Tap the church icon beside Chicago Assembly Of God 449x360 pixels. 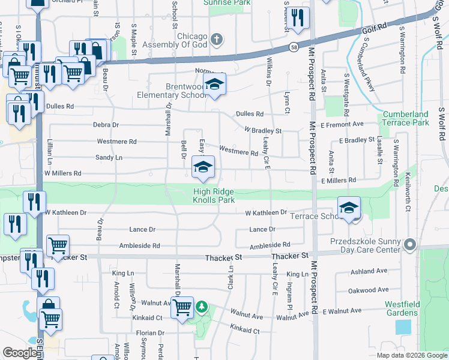(217, 40)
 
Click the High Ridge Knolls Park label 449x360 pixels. (214, 196)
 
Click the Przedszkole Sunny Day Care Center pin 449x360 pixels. (411, 244)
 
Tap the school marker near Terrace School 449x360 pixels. (349, 208)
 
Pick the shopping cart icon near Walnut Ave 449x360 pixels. (182, 308)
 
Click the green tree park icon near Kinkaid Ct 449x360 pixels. (202, 308)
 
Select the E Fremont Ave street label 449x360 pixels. (342, 124)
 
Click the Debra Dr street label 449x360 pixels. (106, 125)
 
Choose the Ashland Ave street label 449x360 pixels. (364, 271)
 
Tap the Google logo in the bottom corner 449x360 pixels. (20, 353)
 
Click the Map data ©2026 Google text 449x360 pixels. (412, 355)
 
